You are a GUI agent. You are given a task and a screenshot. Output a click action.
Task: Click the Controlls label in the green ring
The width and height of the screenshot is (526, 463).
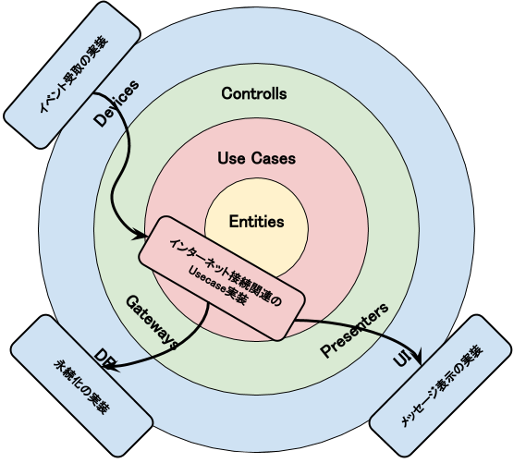(x=254, y=94)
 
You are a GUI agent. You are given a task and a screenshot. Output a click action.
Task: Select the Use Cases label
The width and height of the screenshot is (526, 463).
(x=256, y=158)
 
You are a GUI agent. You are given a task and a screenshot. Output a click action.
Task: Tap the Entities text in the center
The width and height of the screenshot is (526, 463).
(x=256, y=222)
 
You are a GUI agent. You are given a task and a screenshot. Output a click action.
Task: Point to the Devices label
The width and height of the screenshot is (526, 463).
(x=116, y=104)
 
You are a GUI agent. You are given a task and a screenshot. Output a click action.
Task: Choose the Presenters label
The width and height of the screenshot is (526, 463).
(x=354, y=330)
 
